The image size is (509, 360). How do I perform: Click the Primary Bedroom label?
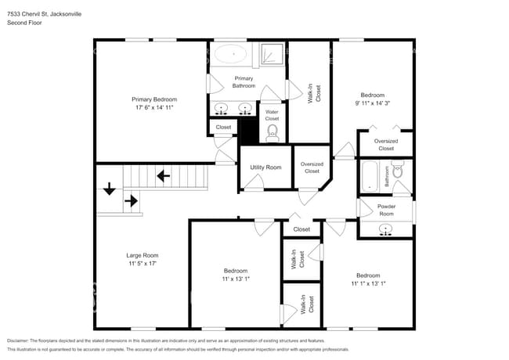[x=153, y=99]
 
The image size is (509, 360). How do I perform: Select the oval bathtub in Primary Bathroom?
[x=231, y=54]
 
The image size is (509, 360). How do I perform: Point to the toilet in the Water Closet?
[x=273, y=132]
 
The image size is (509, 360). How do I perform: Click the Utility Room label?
[x=265, y=167]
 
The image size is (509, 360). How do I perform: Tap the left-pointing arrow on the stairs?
[x=164, y=176]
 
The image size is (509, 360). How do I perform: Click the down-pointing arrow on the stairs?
[x=109, y=189]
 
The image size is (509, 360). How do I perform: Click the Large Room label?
[x=143, y=255]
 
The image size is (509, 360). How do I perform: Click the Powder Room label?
[x=386, y=210]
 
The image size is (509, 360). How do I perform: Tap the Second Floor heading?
[x=25, y=23]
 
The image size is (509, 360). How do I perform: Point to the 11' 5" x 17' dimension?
[x=143, y=264]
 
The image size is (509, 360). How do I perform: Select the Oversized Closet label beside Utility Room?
[x=312, y=167]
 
